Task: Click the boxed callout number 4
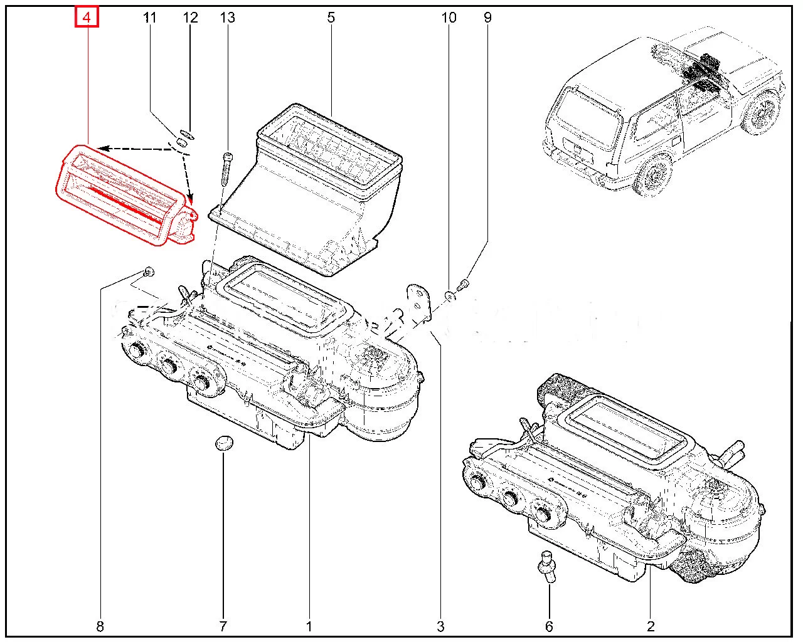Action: click(x=87, y=18)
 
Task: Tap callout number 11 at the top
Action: click(x=149, y=18)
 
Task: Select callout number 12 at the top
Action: click(x=190, y=18)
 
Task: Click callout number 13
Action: click(x=227, y=18)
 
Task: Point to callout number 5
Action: click(x=331, y=18)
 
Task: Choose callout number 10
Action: click(x=449, y=18)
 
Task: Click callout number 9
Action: click(x=487, y=18)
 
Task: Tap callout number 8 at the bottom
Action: click(x=100, y=625)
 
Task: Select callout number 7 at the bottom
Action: click(x=223, y=625)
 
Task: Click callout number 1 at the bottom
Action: click(x=309, y=625)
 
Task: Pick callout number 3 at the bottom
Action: click(x=440, y=625)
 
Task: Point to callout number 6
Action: click(x=549, y=625)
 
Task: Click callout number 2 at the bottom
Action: click(x=651, y=625)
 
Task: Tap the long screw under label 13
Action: click(x=227, y=169)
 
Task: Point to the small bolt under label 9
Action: click(x=462, y=285)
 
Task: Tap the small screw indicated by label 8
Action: click(x=148, y=271)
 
